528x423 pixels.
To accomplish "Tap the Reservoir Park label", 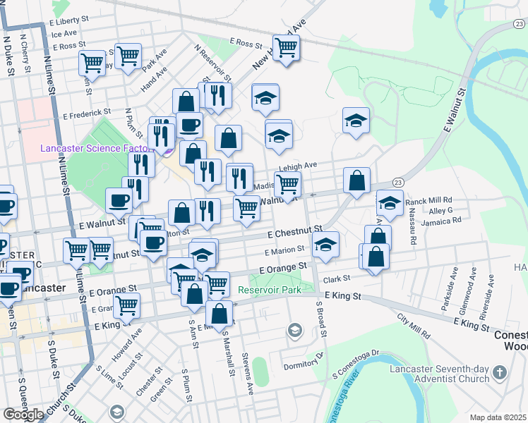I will (270, 290).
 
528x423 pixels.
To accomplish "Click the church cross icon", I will (500, 372).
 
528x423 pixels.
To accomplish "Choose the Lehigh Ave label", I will (297, 166).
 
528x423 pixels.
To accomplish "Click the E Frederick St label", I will (87, 111).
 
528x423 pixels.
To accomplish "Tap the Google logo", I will (23, 414).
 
